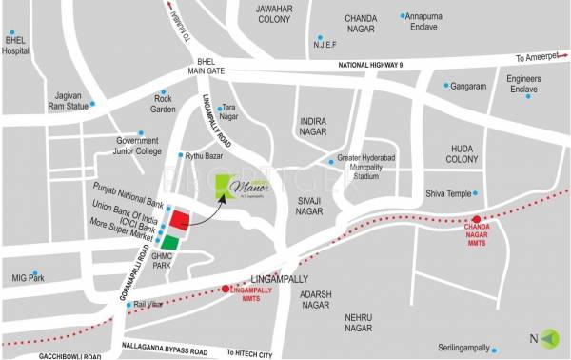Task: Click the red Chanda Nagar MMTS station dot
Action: (x=476, y=219)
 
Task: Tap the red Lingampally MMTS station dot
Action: (x=226, y=288)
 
